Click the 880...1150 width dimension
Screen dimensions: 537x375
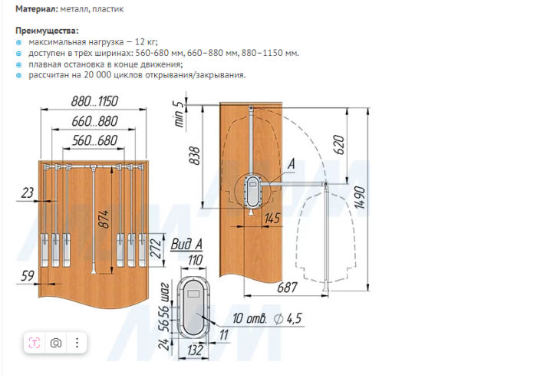click(94, 101)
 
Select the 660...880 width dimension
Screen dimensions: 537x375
click(94, 121)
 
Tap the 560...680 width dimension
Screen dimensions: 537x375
click(94, 140)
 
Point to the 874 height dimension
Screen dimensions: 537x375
click(104, 219)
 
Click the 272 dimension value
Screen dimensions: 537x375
click(156, 248)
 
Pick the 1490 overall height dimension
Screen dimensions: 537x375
click(360, 198)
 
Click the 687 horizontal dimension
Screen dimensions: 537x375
click(287, 287)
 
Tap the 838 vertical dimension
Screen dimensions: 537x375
click(195, 156)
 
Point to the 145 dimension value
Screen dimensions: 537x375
click(272, 218)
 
